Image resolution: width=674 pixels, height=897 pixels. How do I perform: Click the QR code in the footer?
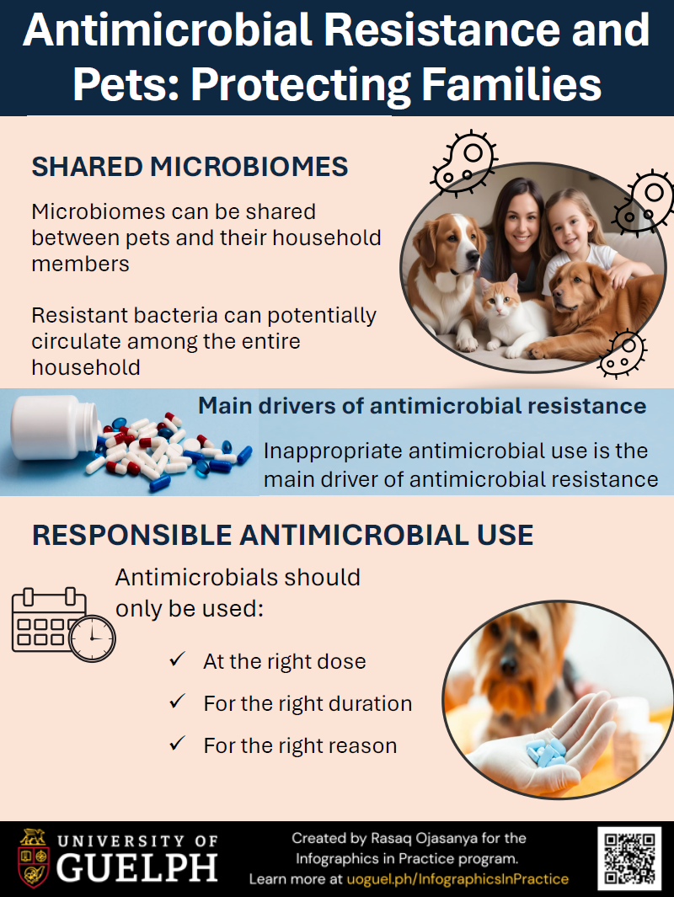(629, 858)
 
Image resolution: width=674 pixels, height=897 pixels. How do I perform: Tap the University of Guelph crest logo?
(33, 858)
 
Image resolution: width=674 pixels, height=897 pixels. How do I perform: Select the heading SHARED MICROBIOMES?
(190, 167)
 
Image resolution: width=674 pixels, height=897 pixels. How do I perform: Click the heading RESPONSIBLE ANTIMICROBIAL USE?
(282, 534)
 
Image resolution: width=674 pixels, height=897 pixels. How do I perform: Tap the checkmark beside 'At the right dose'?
(178, 660)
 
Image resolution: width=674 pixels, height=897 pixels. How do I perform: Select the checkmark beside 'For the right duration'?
(178, 702)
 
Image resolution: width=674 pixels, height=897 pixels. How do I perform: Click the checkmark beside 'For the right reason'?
(178, 745)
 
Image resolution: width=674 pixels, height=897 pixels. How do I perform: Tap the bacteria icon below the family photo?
(621, 352)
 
